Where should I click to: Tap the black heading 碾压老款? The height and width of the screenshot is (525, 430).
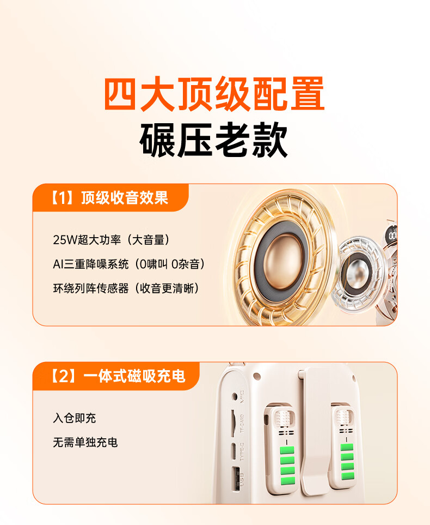point(214,140)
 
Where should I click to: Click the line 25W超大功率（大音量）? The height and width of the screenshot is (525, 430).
point(112,240)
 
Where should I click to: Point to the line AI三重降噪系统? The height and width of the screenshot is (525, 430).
point(90,264)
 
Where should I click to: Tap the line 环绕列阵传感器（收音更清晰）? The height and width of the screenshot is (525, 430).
point(126,288)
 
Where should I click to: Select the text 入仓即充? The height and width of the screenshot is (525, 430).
point(74,418)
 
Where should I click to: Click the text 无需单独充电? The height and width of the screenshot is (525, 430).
point(85,442)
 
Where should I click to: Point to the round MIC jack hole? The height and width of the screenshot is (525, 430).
point(235,397)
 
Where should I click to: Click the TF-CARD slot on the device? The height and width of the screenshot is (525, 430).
point(233,423)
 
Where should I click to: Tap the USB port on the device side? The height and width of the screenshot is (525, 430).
point(235,478)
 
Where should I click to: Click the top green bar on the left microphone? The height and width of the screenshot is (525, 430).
point(287,450)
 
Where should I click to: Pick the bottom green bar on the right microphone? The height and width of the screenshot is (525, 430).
point(348,476)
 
